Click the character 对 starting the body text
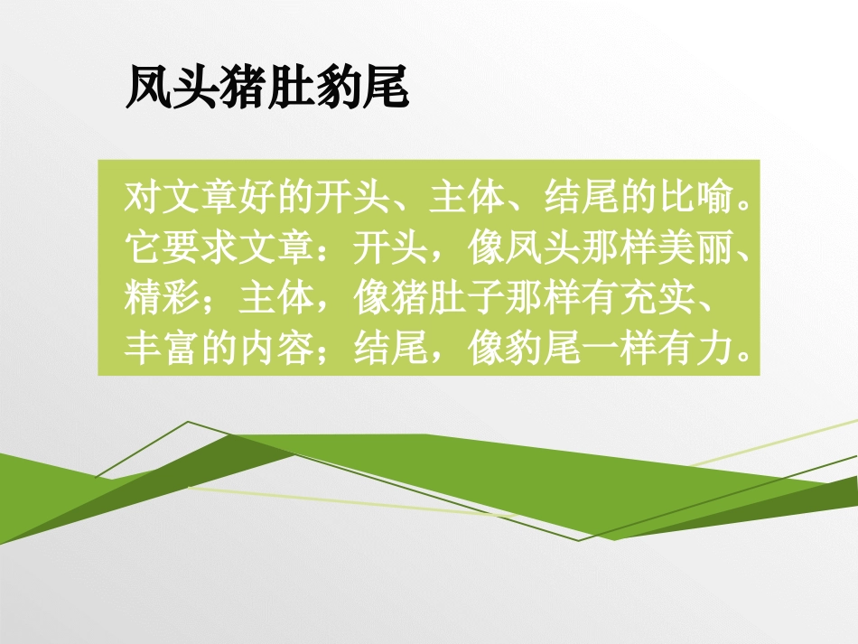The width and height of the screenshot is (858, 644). coord(139,197)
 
